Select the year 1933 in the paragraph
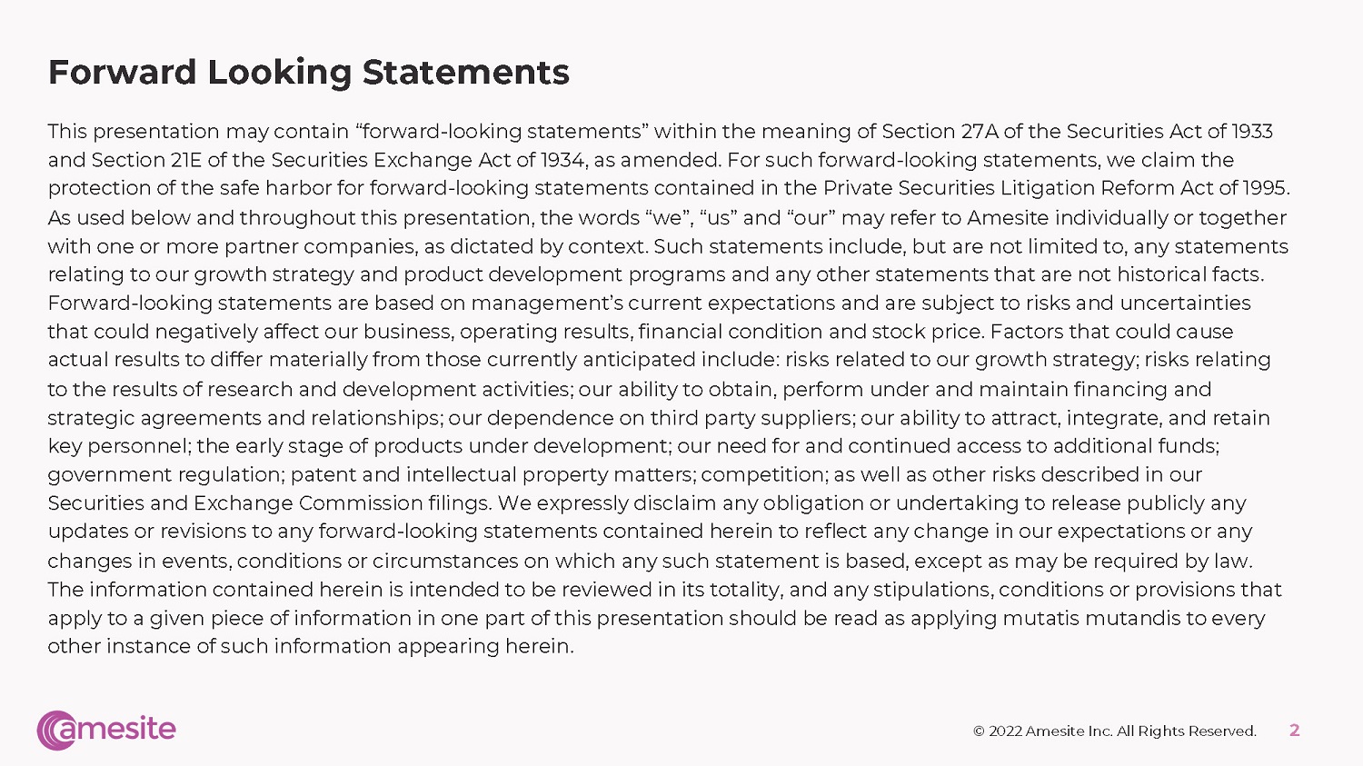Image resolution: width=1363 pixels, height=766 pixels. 1252,132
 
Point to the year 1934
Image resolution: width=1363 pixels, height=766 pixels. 562,160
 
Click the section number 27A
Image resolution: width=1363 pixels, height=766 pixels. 979,132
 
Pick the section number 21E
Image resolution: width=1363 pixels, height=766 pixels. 185,160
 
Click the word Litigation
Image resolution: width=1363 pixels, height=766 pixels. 1048,188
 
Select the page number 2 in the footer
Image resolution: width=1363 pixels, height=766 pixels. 1295,730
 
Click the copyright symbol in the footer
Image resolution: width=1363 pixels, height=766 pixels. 979,731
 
